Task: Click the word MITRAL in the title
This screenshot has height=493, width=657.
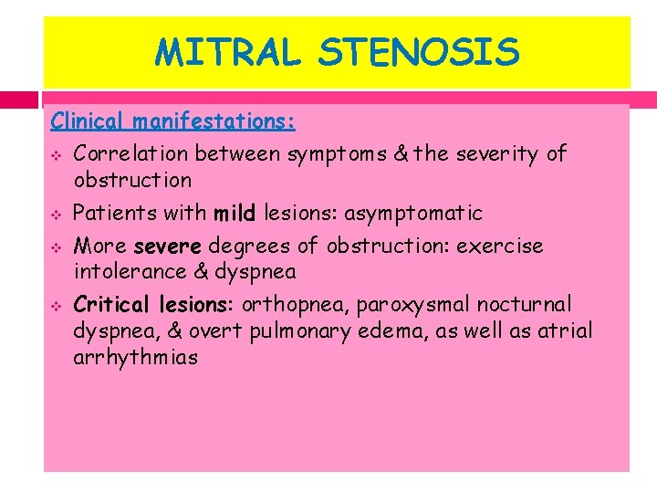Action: click(x=227, y=52)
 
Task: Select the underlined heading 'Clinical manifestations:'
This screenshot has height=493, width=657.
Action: click(x=173, y=121)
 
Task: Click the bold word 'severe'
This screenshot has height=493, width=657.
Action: click(x=171, y=246)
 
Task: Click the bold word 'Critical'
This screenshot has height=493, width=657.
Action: click(x=111, y=304)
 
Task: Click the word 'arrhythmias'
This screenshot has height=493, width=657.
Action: click(x=135, y=357)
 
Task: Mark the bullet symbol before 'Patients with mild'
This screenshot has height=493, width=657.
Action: click(x=56, y=215)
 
